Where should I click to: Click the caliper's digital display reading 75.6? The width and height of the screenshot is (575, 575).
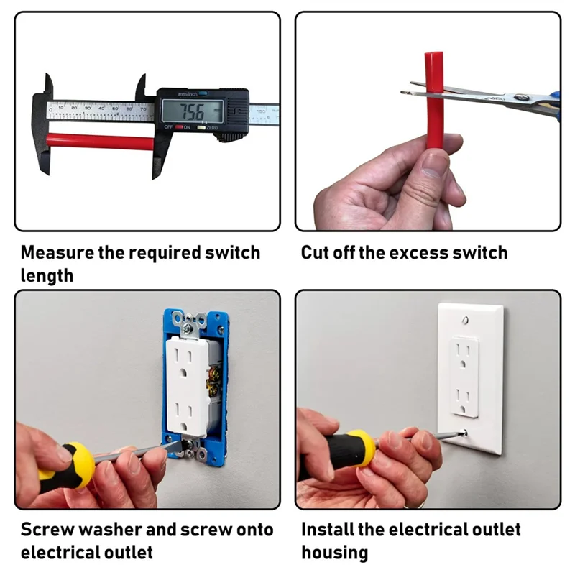coord(191,111)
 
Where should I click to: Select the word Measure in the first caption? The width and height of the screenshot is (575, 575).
coord(55,253)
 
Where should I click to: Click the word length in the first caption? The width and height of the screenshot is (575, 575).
coord(47,275)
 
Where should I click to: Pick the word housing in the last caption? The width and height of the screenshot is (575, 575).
coord(334,553)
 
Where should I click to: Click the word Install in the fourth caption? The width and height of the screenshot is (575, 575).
coord(325,530)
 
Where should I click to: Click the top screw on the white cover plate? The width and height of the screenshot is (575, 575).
coord(469,317)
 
